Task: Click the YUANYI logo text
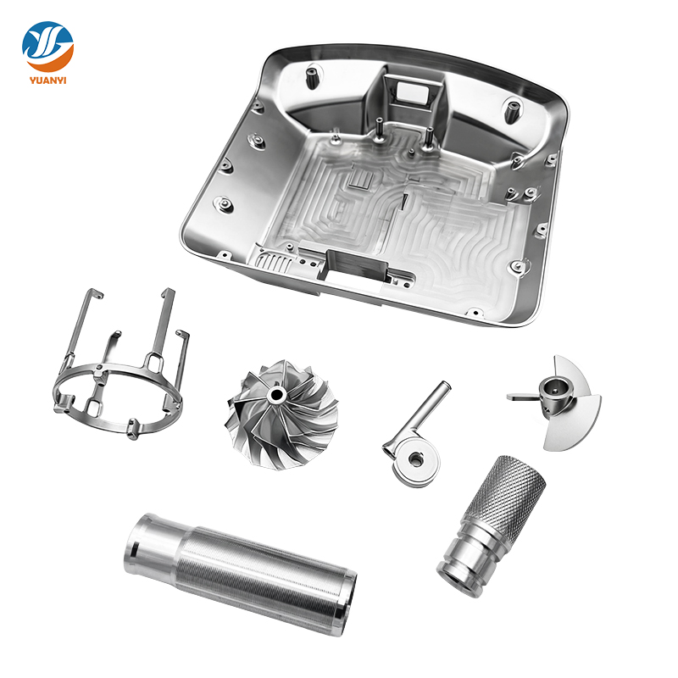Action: [48, 82]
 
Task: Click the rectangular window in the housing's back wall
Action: [412, 87]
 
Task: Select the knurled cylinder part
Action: [492, 517]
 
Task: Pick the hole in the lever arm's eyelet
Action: [415, 458]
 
